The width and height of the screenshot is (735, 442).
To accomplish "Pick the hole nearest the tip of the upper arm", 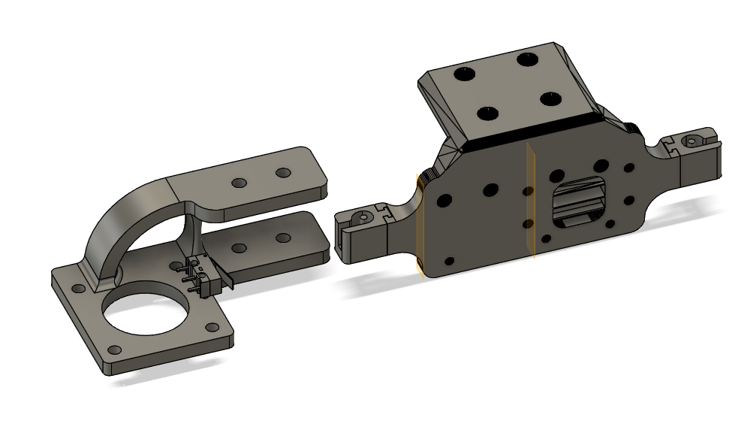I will click(x=283, y=173).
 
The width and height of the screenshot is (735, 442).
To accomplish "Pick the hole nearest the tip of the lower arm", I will click(x=283, y=238).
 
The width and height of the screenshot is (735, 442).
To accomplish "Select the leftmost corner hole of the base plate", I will click(x=78, y=288).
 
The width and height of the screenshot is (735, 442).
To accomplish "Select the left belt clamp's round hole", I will click(x=364, y=217).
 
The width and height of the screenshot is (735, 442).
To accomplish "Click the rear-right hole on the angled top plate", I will click(x=529, y=58).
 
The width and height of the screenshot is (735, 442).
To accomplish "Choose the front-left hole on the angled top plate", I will click(x=489, y=114).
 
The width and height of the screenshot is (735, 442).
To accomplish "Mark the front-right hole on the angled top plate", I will click(x=552, y=98).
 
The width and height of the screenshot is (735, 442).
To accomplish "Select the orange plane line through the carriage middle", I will click(x=531, y=203).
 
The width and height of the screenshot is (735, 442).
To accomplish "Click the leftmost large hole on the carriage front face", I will click(x=444, y=201).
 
